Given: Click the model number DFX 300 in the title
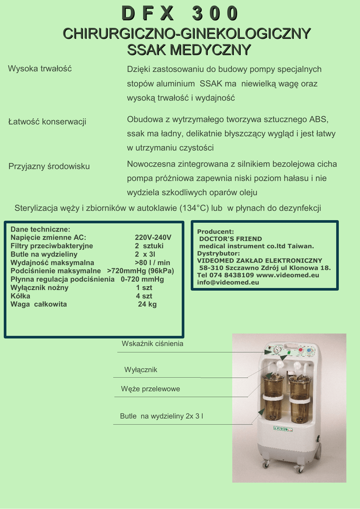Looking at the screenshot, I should click(x=180, y=13).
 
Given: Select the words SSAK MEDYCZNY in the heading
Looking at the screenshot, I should click(x=189, y=50).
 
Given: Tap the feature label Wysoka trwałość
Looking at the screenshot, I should click(x=40, y=69).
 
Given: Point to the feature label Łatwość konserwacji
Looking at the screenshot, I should click(x=47, y=121).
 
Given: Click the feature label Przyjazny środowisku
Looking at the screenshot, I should click(x=49, y=166).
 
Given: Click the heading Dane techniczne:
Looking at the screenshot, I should click(x=40, y=230).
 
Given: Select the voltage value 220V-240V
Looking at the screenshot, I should click(x=153, y=238).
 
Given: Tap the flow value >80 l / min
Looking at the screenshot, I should click(x=152, y=262).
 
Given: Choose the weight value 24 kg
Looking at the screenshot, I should click(x=147, y=304).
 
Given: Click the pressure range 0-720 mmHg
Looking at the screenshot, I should click(x=142, y=279).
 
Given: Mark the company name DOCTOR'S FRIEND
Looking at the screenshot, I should click(x=230, y=239).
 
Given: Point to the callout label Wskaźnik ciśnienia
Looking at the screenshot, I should click(x=153, y=343).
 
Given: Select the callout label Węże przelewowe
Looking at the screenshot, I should click(x=151, y=389).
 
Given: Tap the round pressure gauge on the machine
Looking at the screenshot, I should click(x=276, y=350).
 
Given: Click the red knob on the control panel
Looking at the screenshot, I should click(x=300, y=350).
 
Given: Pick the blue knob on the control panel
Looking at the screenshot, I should click(x=310, y=350).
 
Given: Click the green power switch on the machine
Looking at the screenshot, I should click(x=288, y=352).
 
